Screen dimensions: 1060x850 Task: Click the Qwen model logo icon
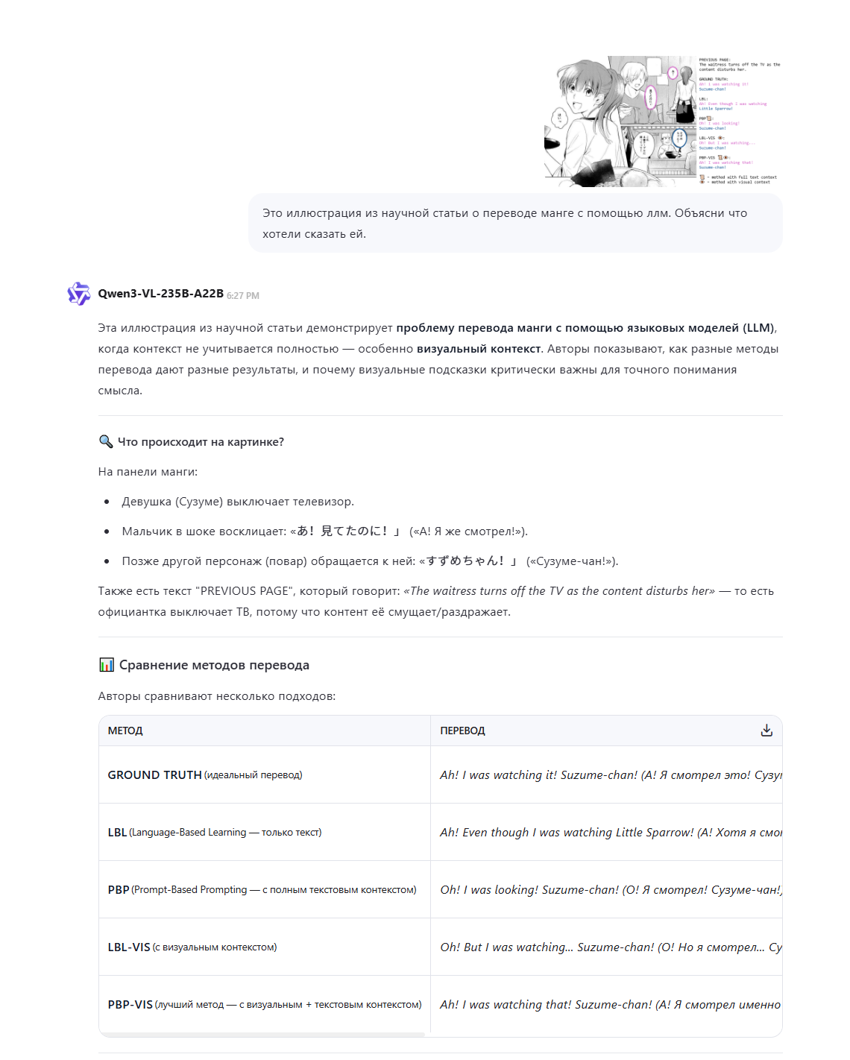coord(78,294)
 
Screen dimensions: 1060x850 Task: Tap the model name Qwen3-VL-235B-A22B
coord(160,294)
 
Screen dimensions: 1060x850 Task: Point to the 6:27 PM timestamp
coord(243,296)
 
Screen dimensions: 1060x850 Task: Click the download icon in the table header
coord(766,731)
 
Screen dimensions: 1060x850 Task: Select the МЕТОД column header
coord(125,731)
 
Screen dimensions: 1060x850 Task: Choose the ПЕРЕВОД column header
coord(462,731)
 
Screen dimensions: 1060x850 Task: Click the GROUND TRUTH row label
coord(154,775)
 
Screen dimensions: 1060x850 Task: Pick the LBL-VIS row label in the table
coord(129,947)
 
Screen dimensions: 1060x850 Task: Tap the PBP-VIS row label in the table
coord(130,1005)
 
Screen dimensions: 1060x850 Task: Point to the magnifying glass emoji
coord(106,442)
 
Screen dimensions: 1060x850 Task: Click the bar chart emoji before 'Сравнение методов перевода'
coord(107,665)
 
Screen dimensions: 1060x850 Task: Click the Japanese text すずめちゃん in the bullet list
coord(465,561)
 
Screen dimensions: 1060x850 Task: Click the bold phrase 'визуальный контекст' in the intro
coord(479,349)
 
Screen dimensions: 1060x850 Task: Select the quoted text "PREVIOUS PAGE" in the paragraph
coord(242,591)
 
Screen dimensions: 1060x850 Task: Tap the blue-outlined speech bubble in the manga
coord(679,138)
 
